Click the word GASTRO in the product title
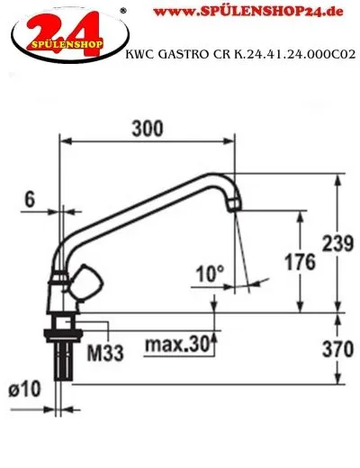(x=184, y=55)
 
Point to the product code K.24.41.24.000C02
(x=287, y=55)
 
